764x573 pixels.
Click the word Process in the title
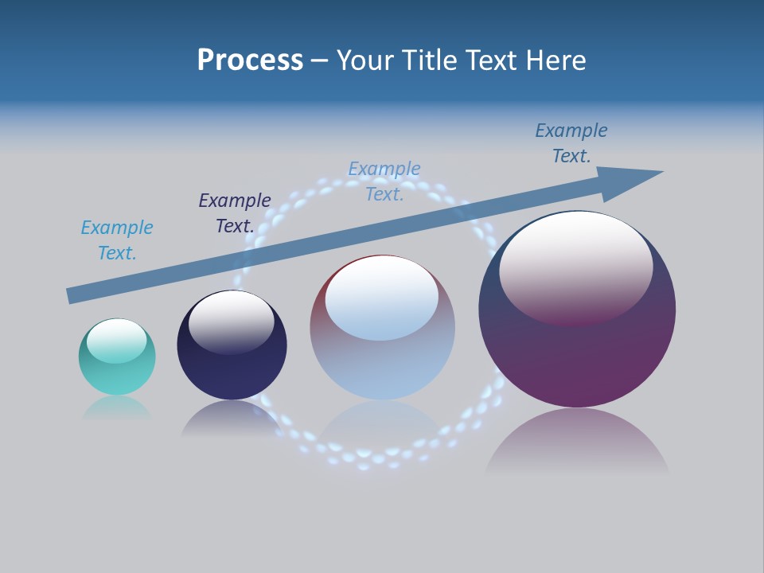(x=250, y=60)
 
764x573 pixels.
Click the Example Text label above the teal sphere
(x=117, y=240)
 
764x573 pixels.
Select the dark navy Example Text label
(x=235, y=213)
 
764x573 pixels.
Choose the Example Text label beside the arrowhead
(x=571, y=143)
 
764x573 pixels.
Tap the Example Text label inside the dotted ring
(x=384, y=181)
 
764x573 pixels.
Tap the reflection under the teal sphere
(x=117, y=407)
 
